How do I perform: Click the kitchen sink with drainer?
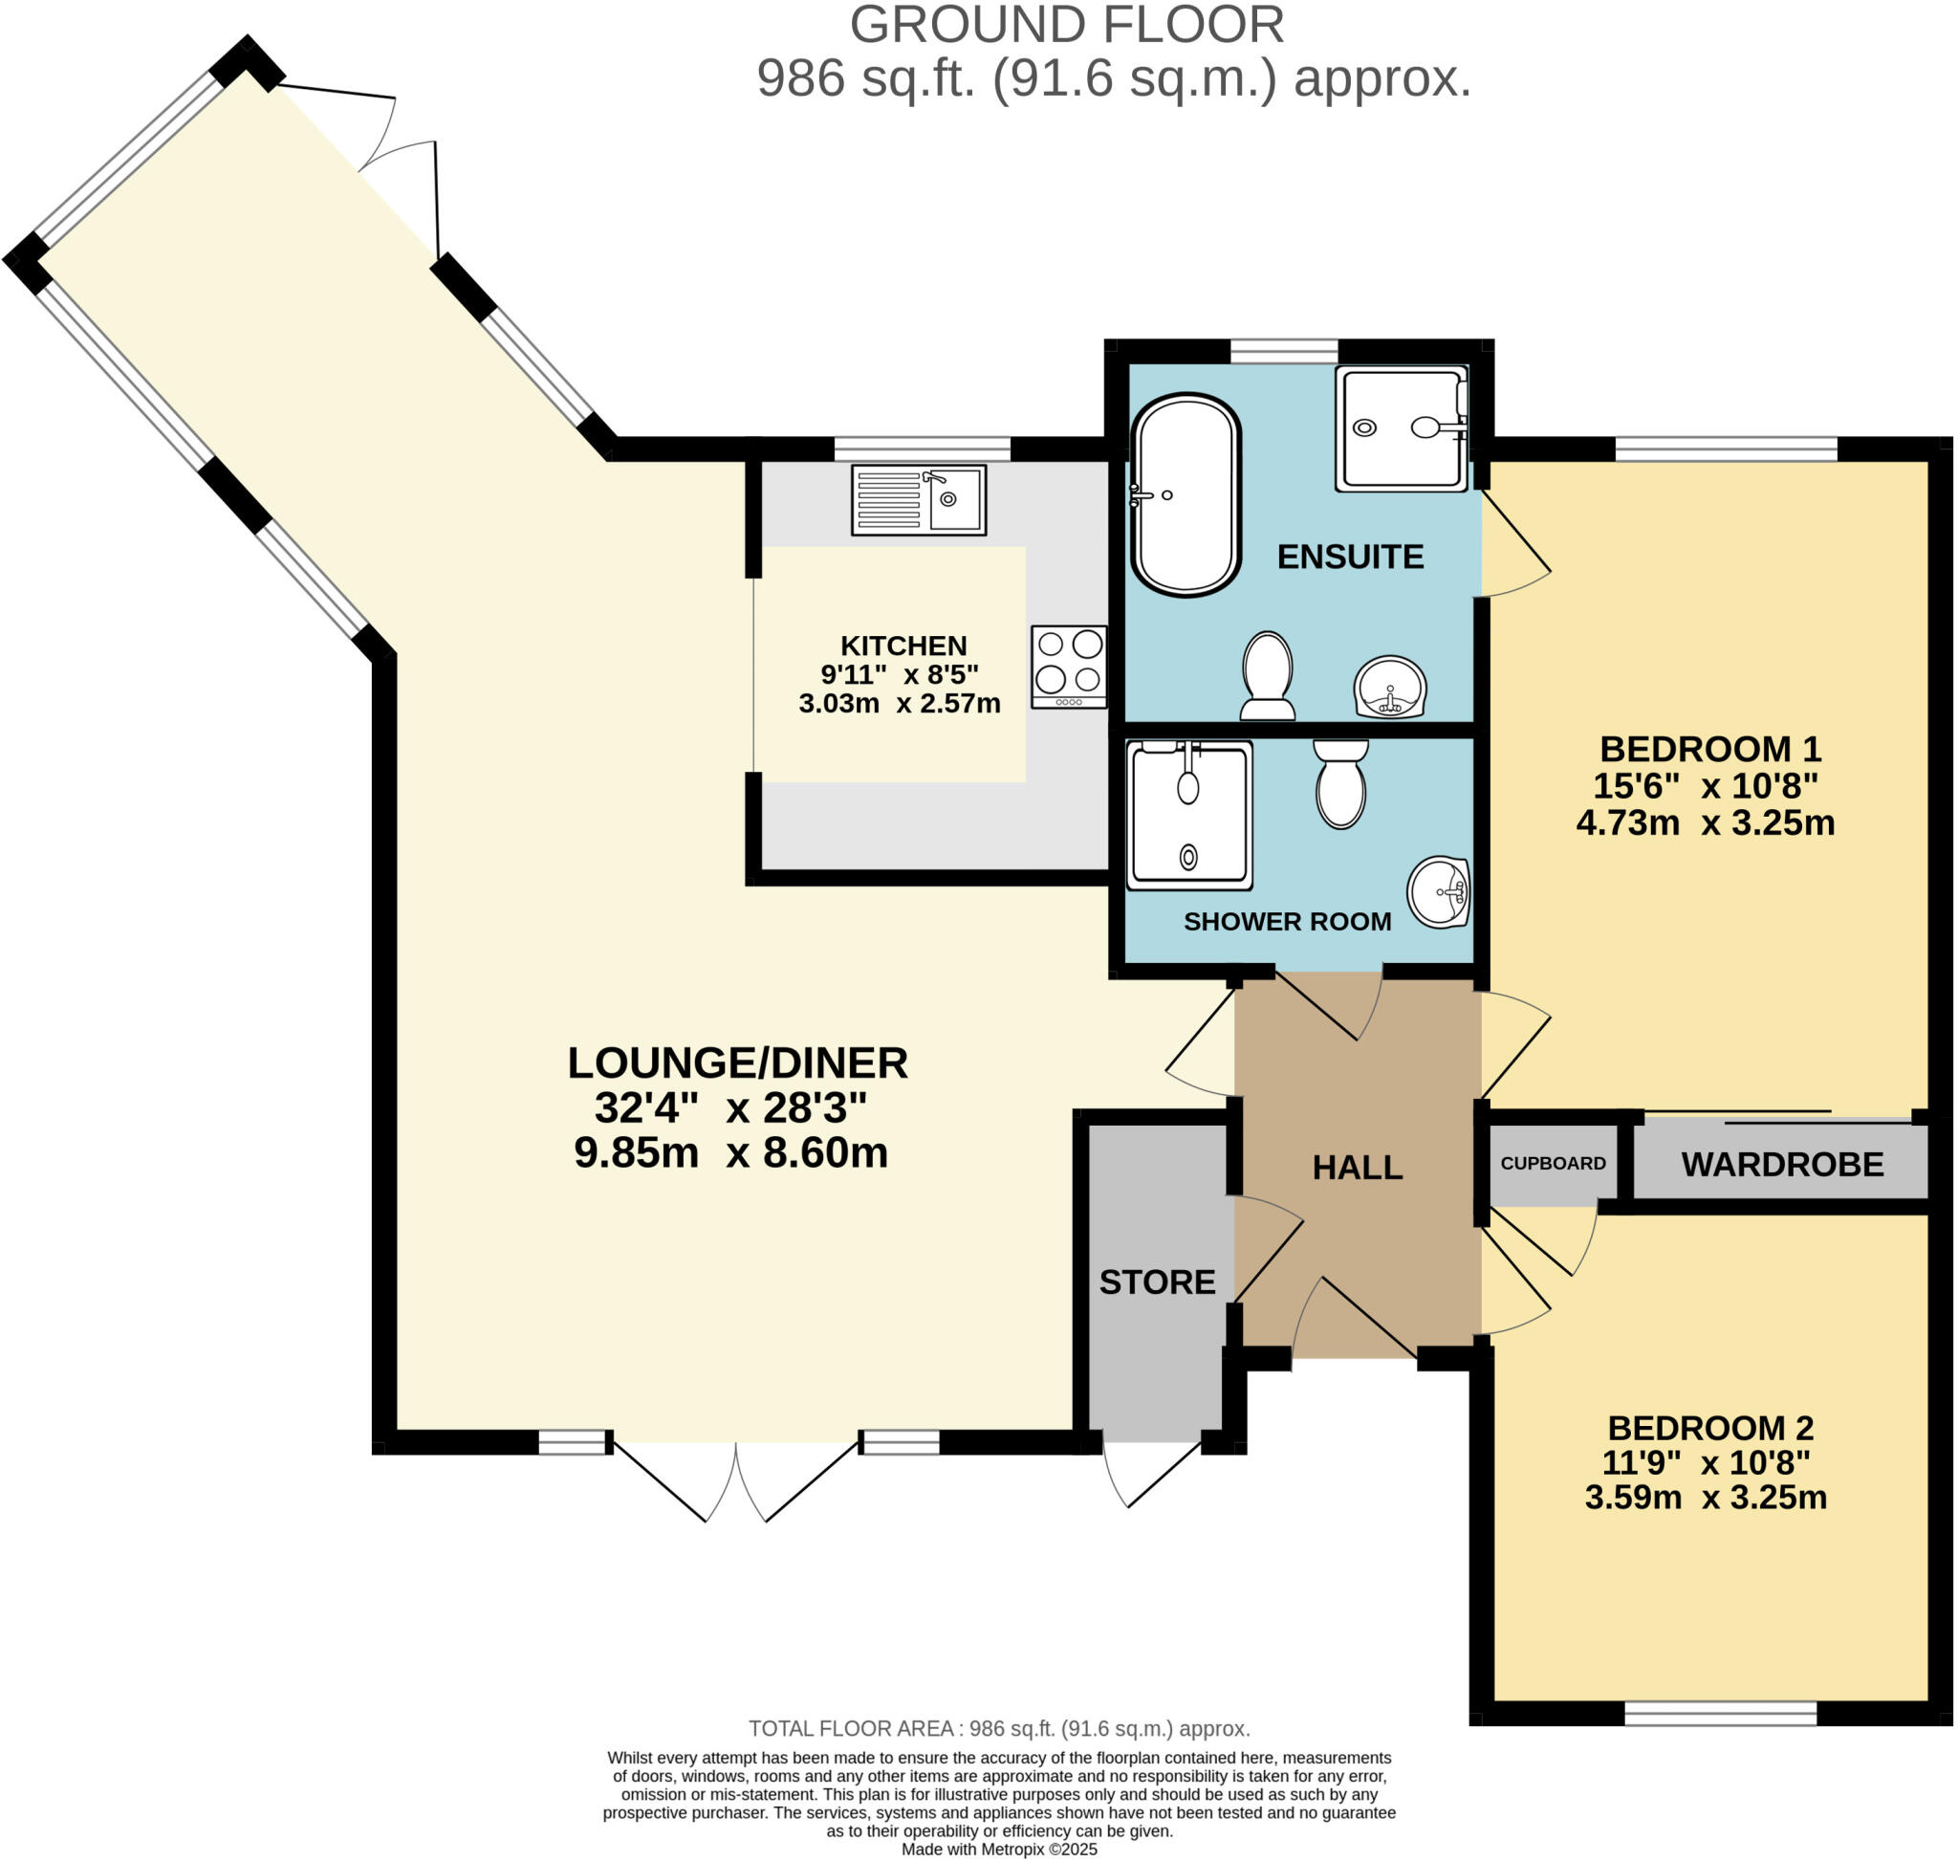(x=918, y=499)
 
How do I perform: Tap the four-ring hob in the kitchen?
(x=1069, y=666)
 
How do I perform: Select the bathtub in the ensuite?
(x=1185, y=494)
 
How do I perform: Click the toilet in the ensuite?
(x=1268, y=676)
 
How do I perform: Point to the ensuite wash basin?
(x=1389, y=686)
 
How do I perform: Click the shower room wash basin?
(x=1439, y=891)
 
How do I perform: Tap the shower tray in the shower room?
(x=1189, y=815)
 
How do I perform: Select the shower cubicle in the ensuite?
(x=1401, y=427)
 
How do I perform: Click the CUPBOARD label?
(x=1552, y=1163)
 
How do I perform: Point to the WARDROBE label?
(x=1781, y=1164)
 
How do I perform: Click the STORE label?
(x=1157, y=1282)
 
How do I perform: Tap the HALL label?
(x=1357, y=1168)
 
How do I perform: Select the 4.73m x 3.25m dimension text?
(x=1705, y=822)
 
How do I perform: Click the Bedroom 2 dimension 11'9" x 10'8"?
(x=1705, y=1462)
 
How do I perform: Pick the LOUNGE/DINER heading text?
(x=736, y=1063)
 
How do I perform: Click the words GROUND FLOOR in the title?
(x=1066, y=25)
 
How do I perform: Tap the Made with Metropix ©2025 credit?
(x=998, y=1850)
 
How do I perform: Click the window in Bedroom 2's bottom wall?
(x=1720, y=1713)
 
